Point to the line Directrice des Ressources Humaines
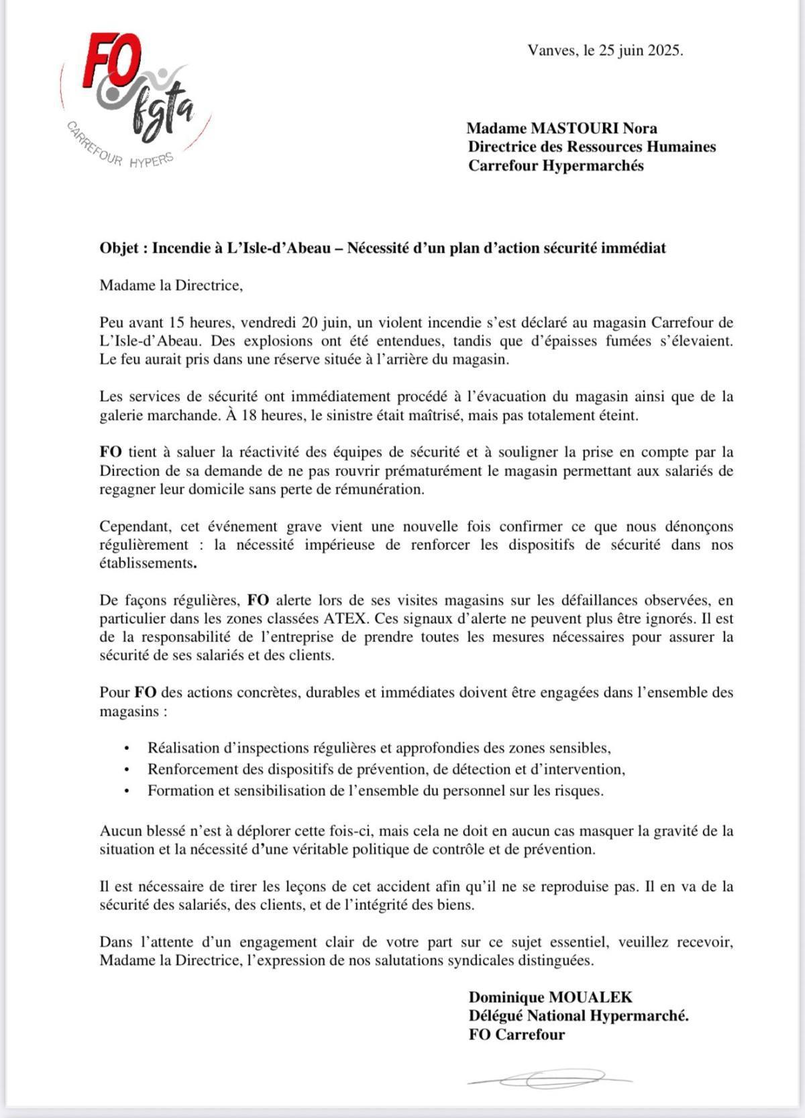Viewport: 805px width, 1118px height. coord(592,146)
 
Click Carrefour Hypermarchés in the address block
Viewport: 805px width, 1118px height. coord(555,165)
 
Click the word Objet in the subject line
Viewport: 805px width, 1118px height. coord(119,248)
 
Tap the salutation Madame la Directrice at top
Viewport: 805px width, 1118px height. coord(170,285)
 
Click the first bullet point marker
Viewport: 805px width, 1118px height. coord(126,748)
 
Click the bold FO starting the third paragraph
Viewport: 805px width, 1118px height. coord(111,453)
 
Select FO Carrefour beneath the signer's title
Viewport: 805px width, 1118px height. coord(517,1035)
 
